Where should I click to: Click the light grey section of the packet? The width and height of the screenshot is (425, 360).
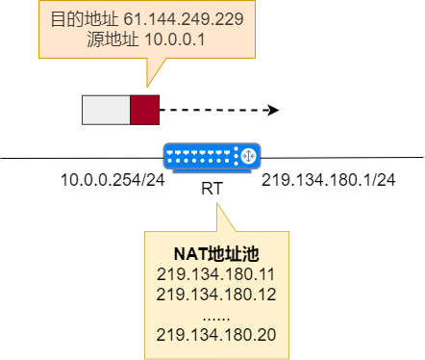[106, 110]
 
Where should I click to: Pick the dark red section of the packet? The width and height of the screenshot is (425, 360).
[144, 110]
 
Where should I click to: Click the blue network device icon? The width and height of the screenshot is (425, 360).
[212, 156]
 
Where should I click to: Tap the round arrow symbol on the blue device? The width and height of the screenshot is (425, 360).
[247, 154]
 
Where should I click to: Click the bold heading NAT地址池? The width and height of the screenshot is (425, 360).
[215, 253]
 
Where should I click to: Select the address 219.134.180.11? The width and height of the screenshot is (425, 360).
[215, 273]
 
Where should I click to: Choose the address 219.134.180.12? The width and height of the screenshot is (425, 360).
[215, 294]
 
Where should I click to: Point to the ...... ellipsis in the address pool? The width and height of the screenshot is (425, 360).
[215, 314]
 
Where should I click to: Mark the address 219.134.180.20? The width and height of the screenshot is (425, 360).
[215, 334]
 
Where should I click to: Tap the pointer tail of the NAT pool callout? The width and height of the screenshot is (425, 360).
[221, 217]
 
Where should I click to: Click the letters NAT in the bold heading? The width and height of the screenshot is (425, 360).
[188, 253]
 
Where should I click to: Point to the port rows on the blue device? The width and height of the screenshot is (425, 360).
[200, 154]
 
